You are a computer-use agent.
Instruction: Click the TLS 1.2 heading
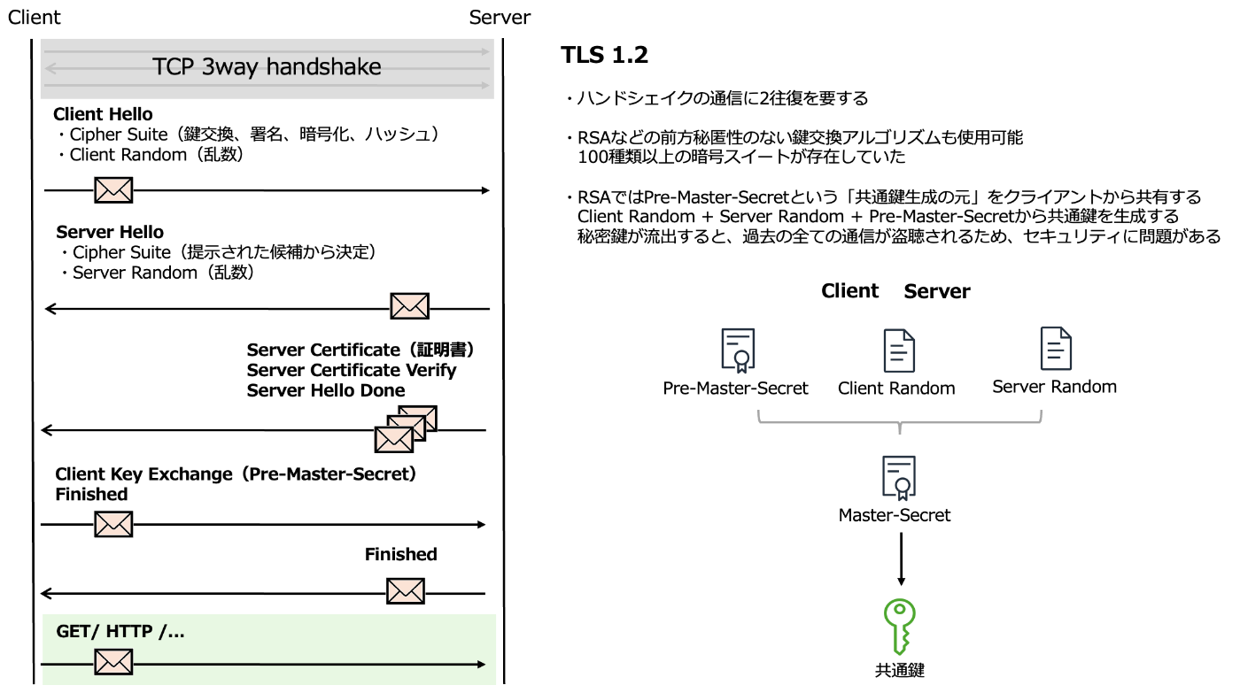(x=605, y=55)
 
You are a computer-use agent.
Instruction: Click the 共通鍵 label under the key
(x=900, y=671)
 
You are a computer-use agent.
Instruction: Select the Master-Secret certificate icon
(x=898, y=477)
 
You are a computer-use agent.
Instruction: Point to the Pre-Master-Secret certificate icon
(x=737, y=350)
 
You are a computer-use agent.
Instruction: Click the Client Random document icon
(x=898, y=350)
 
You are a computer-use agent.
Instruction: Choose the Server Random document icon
(x=1056, y=348)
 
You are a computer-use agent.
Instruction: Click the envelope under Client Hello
(x=113, y=189)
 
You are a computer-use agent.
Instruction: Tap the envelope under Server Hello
(x=410, y=306)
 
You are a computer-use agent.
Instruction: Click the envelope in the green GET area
(x=113, y=661)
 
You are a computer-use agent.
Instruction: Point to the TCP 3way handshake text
(x=267, y=67)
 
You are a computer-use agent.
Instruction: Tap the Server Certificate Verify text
(x=352, y=370)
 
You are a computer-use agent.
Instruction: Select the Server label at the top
(x=500, y=17)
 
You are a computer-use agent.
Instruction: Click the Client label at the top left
(x=35, y=17)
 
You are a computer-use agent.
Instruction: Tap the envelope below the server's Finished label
(x=406, y=590)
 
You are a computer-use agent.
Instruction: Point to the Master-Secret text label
(x=895, y=515)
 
